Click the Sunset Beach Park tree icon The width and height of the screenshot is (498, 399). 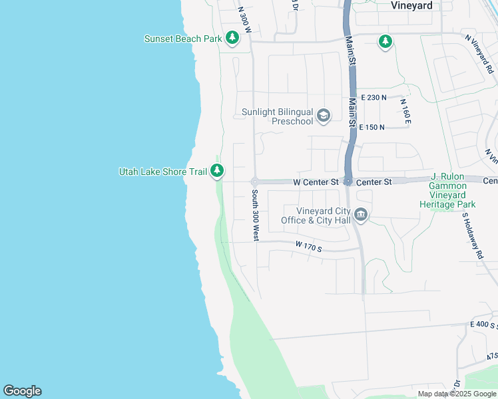tap(232, 39)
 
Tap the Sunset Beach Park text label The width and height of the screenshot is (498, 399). tap(182, 39)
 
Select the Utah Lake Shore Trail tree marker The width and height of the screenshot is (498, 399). tap(217, 172)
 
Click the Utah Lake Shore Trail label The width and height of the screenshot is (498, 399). tap(162, 172)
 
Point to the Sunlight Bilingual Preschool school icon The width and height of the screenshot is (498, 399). tap(323, 116)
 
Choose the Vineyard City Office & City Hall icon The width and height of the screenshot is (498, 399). tap(361, 214)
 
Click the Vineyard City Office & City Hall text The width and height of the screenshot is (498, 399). tap(315, 215)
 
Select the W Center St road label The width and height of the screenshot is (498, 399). tap(316, 182)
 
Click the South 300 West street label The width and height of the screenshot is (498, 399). tap(255, 215)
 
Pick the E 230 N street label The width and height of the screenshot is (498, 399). tap(373, 98)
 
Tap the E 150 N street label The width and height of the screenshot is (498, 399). tap(372, 127)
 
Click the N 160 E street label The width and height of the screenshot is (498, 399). tap(404, 112)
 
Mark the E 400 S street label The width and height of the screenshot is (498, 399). tap(483, 324)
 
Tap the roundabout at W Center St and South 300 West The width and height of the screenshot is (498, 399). tap(254, 182)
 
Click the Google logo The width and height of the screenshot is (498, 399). tap(22, 391)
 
